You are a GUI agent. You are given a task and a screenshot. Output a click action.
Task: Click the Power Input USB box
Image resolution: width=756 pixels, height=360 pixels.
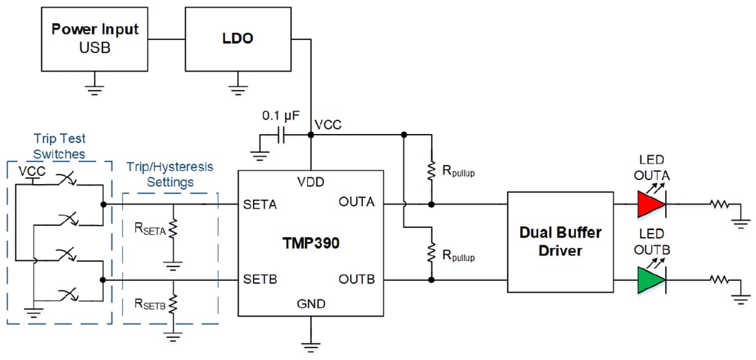point(94,38)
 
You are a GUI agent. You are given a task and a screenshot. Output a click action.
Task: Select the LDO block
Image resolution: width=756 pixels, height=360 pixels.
point(237,38)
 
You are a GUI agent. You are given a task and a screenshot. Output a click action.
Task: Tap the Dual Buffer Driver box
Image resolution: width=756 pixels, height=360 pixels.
point(559,241)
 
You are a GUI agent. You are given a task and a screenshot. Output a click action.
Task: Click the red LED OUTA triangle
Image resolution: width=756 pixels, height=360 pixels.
point(651,204)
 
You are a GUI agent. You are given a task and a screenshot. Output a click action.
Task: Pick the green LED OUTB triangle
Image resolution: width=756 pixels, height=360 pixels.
point(651,280)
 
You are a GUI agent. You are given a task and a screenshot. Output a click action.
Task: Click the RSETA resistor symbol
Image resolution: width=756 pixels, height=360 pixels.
point(173,227)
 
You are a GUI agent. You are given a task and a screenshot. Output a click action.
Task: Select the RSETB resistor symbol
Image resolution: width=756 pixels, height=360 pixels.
point(173,302)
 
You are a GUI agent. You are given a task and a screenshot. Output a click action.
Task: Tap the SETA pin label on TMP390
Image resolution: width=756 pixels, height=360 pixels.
point(260,204)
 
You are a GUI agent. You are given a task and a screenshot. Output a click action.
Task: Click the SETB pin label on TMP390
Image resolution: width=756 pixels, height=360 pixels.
point(260,280)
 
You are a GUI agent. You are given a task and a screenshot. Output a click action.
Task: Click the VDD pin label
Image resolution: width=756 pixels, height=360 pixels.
point(311,182)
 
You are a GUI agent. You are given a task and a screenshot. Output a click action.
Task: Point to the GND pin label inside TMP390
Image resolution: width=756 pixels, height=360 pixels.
point(311,304)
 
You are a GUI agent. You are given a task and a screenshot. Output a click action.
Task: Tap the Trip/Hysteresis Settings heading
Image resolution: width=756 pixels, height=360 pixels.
point(170,175)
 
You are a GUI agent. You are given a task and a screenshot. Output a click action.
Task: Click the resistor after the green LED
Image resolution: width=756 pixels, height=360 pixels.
point(720,280)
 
